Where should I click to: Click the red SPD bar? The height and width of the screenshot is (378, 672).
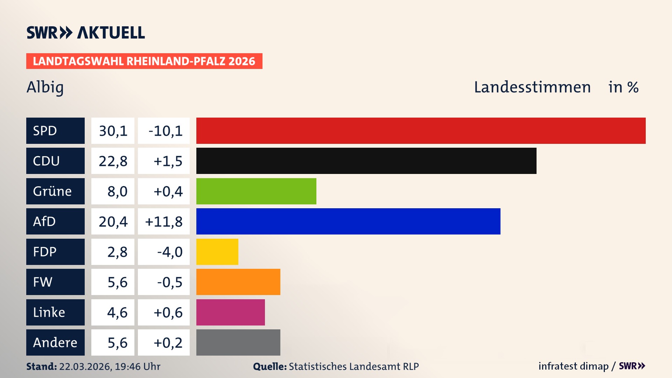point(421,131)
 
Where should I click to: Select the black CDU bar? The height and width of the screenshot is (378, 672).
point(366,161)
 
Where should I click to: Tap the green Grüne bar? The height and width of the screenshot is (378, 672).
point(256,191)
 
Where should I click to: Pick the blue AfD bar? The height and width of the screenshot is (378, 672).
point(348,221)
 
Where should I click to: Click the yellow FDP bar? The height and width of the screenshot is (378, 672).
point(217,252)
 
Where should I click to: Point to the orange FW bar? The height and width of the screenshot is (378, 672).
point(238,282)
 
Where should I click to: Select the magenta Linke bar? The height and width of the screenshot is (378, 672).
point(230,312)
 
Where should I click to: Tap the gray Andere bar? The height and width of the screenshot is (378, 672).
point(238,342)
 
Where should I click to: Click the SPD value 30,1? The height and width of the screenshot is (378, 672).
point(113,131)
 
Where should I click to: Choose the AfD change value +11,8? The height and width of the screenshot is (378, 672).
point(164,222)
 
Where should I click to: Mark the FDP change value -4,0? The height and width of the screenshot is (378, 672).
point(170,252)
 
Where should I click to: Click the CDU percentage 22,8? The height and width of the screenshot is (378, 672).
point(113,161)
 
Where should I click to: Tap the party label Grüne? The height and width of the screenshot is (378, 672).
point(52,191)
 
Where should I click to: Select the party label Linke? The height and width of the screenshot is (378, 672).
point(49,312)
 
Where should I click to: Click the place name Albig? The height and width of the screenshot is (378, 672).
point(45,87)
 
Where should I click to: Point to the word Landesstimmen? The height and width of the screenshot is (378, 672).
point(532,87)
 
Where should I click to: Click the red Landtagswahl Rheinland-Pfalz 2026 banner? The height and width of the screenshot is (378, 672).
point(144,61)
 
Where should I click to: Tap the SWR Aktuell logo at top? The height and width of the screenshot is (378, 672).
point(85,33)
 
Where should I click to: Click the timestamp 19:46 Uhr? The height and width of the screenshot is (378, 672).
point(137,366)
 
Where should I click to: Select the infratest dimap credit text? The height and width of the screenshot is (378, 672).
point(573,366)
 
